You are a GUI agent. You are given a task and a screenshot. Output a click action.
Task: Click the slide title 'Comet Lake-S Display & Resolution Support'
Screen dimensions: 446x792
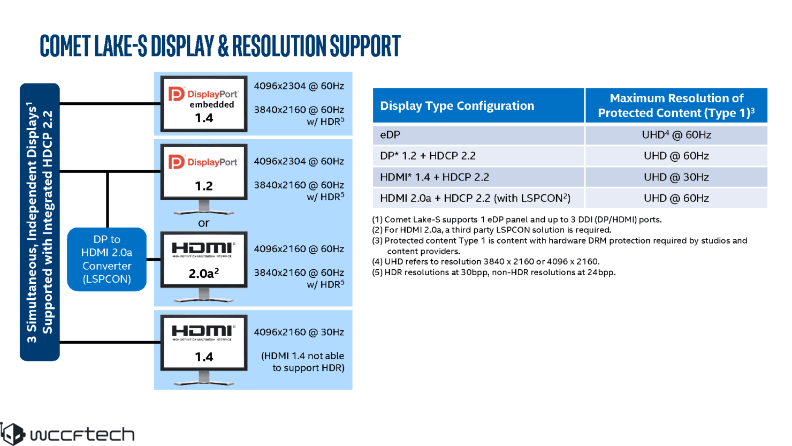point(220,46)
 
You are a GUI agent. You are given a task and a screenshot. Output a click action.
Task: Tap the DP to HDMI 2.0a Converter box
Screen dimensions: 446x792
point(106,259)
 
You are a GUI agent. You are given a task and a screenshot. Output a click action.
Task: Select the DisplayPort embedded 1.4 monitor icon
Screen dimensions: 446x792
point(204,104)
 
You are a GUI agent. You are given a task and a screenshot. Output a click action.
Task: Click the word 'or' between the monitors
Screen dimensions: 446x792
point(203,223)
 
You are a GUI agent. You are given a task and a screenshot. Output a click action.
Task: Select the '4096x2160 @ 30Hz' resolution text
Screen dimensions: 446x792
point(299,332)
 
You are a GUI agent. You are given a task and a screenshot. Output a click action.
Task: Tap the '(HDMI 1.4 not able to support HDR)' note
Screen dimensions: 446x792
point(303,362)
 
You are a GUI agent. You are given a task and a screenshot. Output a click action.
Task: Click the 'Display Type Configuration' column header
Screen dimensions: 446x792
point(457,105)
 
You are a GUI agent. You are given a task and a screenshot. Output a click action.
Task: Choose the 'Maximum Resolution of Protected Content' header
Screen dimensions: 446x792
point(676,105)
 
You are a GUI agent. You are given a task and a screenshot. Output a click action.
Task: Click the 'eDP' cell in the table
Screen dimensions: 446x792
point(390,135)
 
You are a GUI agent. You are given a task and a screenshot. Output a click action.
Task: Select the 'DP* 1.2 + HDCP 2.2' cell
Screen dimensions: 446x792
point(428,156)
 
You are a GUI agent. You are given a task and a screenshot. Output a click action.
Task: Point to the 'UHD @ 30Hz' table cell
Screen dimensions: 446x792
point(676,177)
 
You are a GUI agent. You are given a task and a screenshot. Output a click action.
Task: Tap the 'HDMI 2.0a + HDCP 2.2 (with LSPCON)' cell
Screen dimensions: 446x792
point(475,198)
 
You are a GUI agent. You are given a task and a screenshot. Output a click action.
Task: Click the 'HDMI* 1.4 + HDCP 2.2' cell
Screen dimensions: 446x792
point(435,177)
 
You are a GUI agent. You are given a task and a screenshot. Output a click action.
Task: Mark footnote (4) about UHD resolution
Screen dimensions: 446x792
point(486,262)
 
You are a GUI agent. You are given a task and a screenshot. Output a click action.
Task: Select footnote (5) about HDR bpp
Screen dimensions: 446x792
point(494,273)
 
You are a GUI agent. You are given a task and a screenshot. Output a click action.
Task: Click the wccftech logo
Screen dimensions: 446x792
point(67,433)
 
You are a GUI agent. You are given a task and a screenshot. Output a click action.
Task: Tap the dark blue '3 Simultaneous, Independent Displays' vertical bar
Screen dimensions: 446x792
point(40,222)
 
